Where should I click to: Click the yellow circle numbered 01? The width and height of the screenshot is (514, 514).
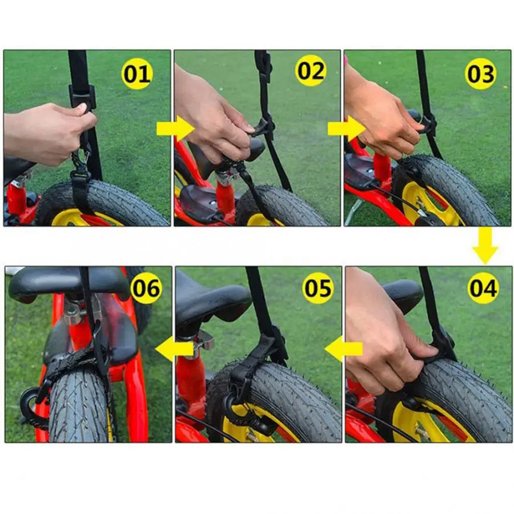pyautogui.click(x=136, y=74)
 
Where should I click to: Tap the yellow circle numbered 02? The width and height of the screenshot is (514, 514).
pyautogui.click(x=311, y=71)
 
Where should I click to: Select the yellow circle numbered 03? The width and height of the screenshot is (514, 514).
pyautogui.click(x=480, y=74)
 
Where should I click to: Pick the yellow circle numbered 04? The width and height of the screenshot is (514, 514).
pyautogui.click(x=483, y=288)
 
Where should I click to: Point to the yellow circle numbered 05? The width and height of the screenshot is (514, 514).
pyautogui.click(x=318, y=288)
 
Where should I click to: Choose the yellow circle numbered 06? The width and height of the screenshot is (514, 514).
pyautogui.click(x=146, y=288)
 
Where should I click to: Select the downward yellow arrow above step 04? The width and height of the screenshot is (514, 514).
pyautogui.click(x=485, y=246)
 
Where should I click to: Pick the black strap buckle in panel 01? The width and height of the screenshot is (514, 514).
pyautogui.click(x=82, y=97)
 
